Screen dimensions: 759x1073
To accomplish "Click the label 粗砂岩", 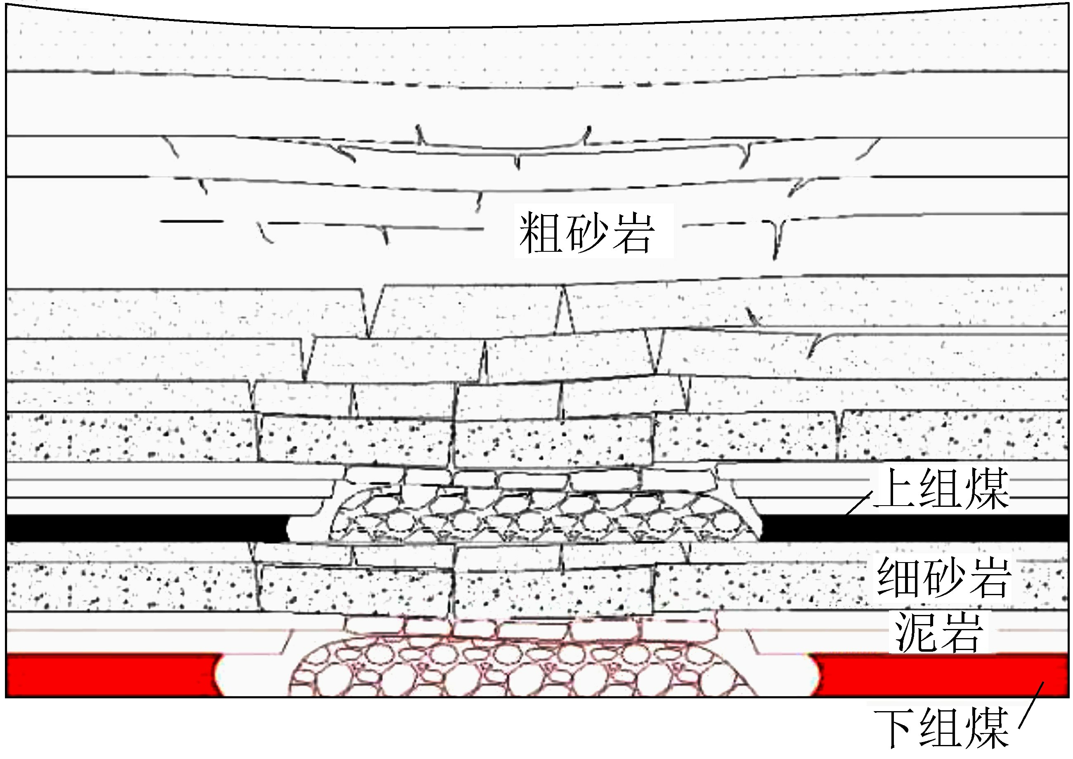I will (586, 232).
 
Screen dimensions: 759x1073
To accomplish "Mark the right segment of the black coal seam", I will (916, 528).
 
